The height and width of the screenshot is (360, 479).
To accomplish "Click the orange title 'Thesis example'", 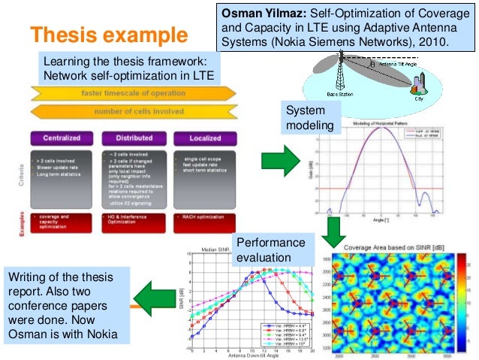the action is (x=108, y=35).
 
